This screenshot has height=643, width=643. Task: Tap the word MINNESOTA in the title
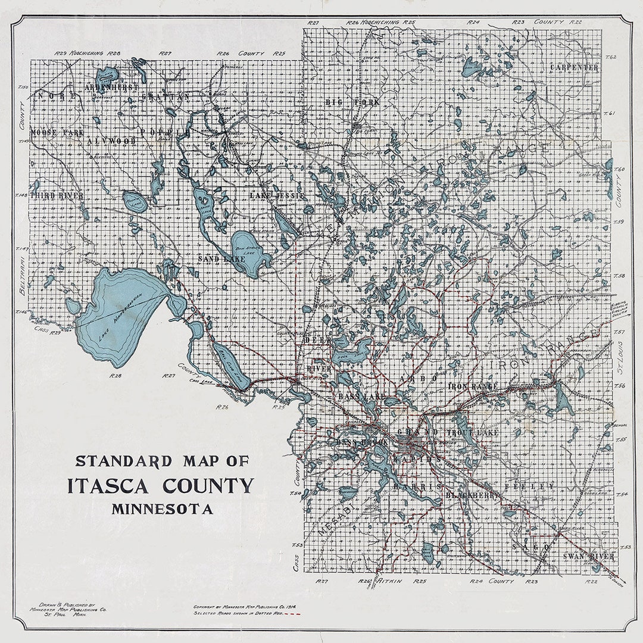(x=161, y=509)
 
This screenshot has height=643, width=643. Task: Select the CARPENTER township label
(x=574, y=67)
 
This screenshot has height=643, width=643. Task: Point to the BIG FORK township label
(x=352, y=102)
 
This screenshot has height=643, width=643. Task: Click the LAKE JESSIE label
(x=277, y=195)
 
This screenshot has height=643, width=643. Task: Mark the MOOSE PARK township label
(x=57, y=132)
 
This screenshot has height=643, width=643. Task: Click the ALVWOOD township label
(x=111, y=141)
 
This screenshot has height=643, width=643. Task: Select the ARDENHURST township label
(x=111, y=87)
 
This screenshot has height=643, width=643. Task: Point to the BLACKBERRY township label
(x=472, y=494)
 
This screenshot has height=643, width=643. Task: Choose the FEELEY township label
(x=529, y=486)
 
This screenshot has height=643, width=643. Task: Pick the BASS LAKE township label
(x=361, y=397)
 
